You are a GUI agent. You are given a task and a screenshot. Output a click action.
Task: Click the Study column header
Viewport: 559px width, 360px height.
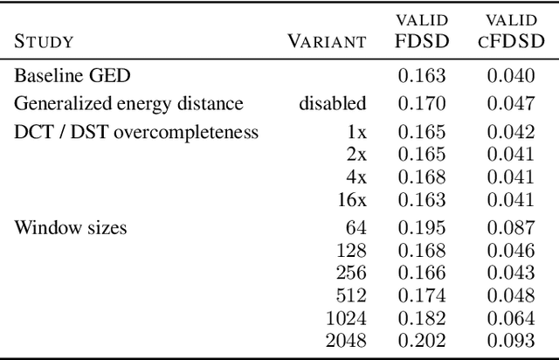coord(44,41)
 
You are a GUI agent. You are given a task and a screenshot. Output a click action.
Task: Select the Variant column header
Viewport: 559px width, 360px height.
coord(327,41)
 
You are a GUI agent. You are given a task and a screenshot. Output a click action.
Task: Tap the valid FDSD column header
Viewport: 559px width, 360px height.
coord(423,31)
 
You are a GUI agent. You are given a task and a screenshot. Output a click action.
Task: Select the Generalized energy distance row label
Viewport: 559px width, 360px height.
coord(128,104)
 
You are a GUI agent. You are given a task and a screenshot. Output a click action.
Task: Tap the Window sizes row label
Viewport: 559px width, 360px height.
coord(70,228)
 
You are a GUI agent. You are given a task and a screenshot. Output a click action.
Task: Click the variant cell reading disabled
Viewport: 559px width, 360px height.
coord(333,104)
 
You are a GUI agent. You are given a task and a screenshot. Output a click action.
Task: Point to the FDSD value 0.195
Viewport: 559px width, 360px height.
coord(422,228)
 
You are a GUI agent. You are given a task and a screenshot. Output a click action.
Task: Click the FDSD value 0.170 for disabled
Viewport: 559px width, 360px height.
coord(422,104)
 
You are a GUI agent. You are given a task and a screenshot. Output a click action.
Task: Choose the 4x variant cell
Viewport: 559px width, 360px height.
coord(355,177)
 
